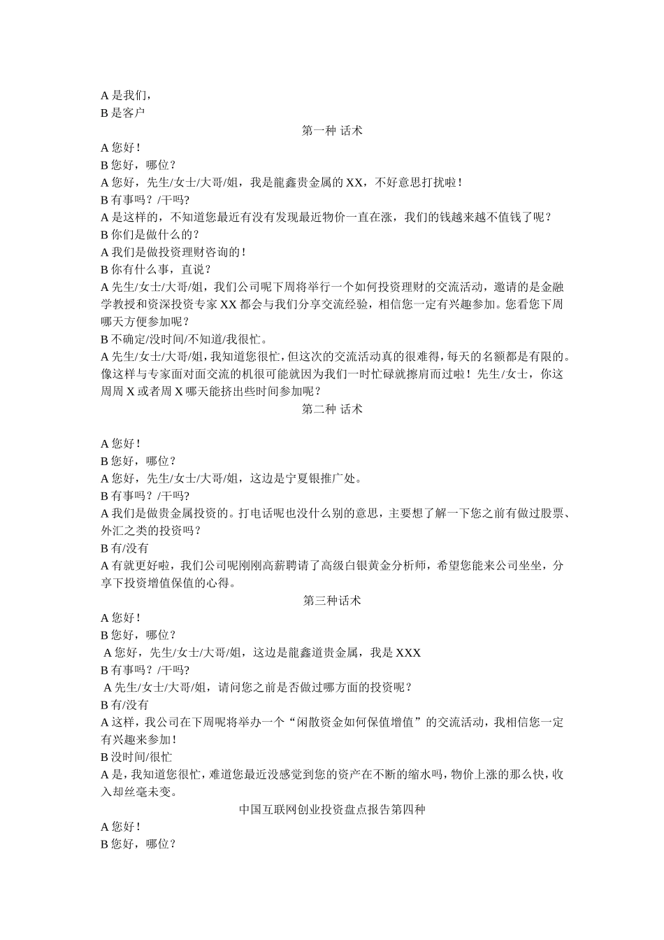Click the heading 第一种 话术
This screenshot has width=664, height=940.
pyautogui.click(x=332, y=130)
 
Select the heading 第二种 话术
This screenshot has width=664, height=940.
pyautogui.click(x=332, y=409)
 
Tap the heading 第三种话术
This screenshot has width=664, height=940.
pyautogui.click(x=332, y=600)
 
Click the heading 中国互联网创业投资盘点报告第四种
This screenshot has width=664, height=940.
pyautogui.click(x=332, y=809)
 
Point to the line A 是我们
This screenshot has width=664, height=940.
pyautogui.click(x=126, y=96)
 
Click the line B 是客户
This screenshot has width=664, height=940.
pyautogui.click(x=123, y=113)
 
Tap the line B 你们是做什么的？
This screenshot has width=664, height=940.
pyautogui.click(x=150, y=234)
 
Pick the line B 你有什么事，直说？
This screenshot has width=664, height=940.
pyautogui.click(x=156, y=269)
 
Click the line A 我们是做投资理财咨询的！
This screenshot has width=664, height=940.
pyautogui.click(x=173, y=252)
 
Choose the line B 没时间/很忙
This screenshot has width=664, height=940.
pyautogui.click(x=136, y=757)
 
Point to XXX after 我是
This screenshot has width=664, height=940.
pyautogui.click(x=408, y=653)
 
